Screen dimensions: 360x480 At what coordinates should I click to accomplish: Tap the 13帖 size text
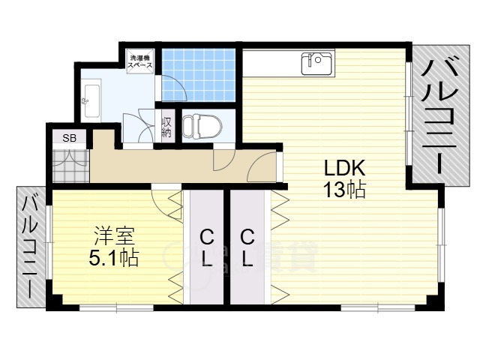pyautogui.click(x=344, y=190)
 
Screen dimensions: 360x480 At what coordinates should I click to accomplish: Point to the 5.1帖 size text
pyautogui.click(x=114, y=259)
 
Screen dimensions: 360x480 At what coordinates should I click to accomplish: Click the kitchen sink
pyautogui.click(x=316, y=63)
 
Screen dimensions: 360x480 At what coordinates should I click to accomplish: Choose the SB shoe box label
pyautogui.click(x=69, y=138)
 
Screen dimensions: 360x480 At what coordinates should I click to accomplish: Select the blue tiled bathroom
pyautogui.click(x=199, y=75)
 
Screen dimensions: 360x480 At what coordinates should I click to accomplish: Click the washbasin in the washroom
pyautogui.click(x=92, y=96)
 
